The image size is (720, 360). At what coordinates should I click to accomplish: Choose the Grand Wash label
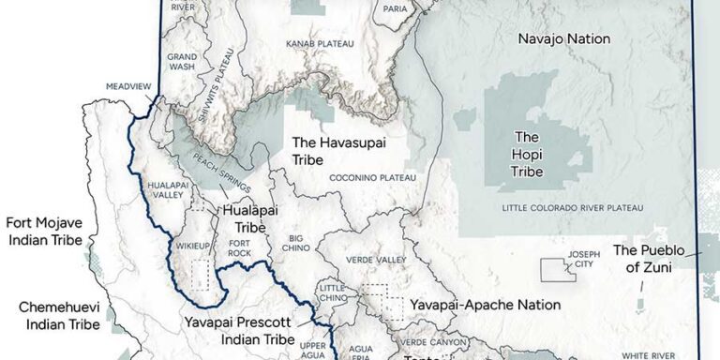[x=182, y=62]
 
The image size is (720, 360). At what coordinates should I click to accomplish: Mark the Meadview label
[x=130, y=82]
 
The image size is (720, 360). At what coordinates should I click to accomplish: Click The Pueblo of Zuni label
[x=650, y=259]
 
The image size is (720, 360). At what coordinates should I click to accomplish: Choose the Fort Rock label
[x=241, y=247]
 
